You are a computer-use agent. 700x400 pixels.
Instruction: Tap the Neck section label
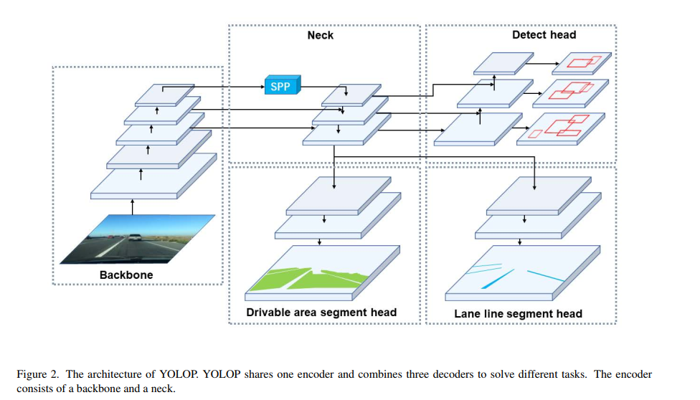(320, 34)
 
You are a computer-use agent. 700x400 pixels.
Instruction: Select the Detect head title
(544, 34)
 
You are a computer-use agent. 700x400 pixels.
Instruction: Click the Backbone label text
(126, 275)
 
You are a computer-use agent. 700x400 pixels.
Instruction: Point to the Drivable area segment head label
(321, 312)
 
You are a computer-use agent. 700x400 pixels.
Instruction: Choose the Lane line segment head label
(518, 313)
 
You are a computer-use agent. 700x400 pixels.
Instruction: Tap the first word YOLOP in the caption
(163, 375)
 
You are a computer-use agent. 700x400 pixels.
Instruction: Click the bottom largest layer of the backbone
(153, 176)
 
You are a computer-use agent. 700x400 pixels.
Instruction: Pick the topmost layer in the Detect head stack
(504, 63)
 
